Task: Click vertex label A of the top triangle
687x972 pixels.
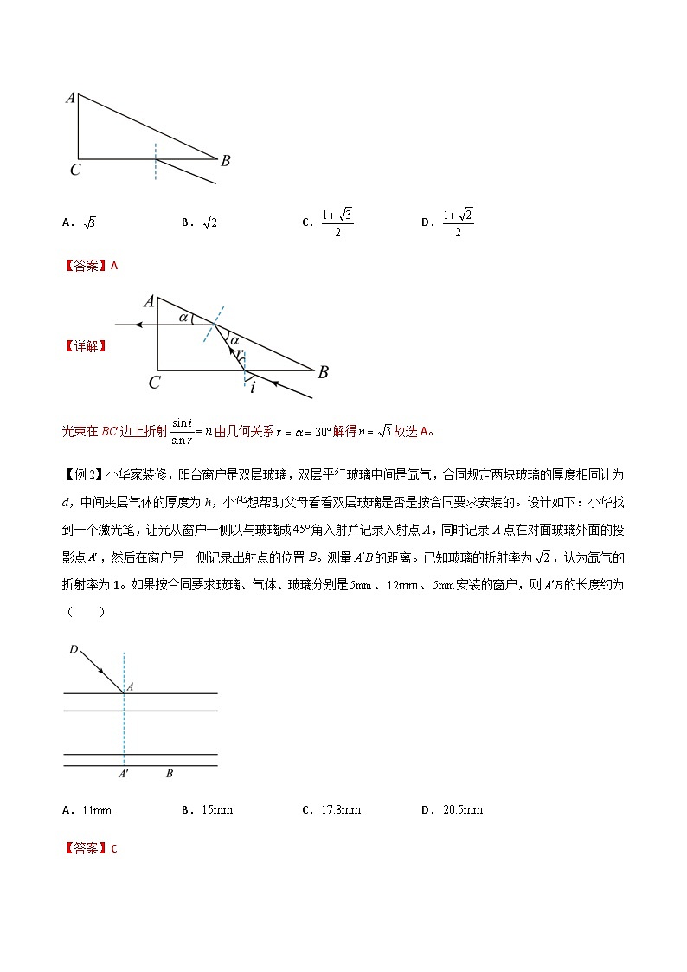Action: (x=69, y=98)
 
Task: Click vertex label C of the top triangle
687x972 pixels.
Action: (x=75, y=171)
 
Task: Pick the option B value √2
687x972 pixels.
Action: (x=209, y=222)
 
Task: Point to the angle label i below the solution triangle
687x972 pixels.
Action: (x=253, y=388)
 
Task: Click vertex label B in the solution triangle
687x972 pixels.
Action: (x=323, y=373)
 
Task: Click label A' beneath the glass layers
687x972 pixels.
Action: (x=124, y=774)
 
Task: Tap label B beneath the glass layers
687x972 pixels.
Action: (x=169, y=774)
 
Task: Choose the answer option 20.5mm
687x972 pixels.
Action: (x=462, y=810)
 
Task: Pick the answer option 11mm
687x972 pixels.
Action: (x=96, y=810)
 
